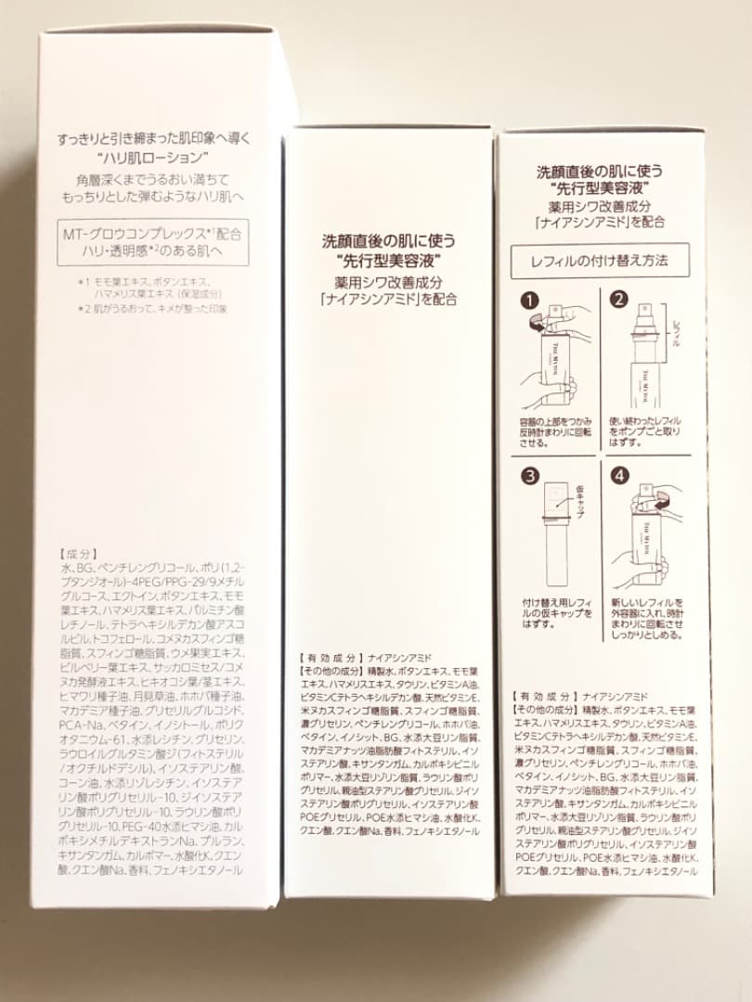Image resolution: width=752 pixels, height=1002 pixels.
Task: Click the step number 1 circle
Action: tap(530, 302)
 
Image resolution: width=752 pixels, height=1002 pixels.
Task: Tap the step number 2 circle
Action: tap(619, 302)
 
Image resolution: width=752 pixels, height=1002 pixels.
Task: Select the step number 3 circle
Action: tap(530, 477)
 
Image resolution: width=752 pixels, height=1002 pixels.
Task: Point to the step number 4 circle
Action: tap(619, 477)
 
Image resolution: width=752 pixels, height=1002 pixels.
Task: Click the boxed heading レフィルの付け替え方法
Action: tap(602, 261)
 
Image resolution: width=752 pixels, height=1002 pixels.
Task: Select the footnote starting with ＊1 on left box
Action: tap(149, 285)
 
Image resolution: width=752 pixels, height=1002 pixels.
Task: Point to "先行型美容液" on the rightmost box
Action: tap(601, 189)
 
